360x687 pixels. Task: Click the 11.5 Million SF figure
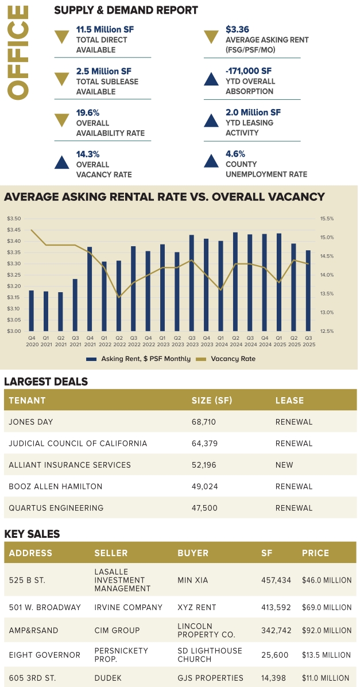[x=105, y=29]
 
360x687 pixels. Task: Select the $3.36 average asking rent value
[x=237, y=29]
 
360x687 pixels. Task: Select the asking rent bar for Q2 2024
[x=235, y=281]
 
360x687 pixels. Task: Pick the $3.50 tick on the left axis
[x=14, y=219]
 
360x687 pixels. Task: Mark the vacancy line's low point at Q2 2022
[x=119, y=297]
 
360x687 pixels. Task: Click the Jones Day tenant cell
[x=31, y=422]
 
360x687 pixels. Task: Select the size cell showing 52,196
[x=204, y=465]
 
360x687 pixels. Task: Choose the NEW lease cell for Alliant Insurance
[x=284, y=465]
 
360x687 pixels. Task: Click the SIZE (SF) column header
[x=212, y=401]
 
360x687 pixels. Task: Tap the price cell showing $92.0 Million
[x=326, y=631]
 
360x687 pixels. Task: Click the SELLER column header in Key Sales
[x=113, y=553]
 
